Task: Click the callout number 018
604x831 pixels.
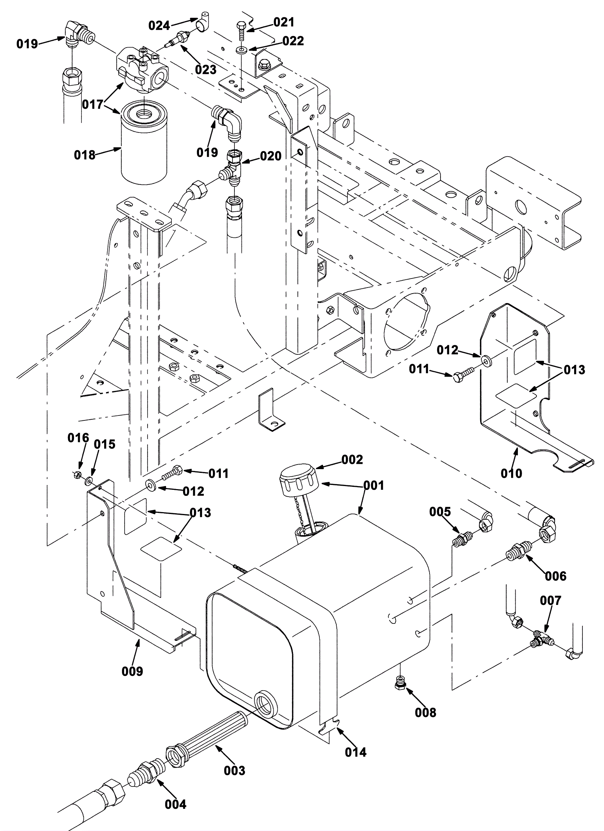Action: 85,155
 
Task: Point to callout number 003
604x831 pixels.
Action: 234,770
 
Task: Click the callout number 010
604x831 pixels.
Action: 511,473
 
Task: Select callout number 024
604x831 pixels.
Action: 159,25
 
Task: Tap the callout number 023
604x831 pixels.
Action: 206,69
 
